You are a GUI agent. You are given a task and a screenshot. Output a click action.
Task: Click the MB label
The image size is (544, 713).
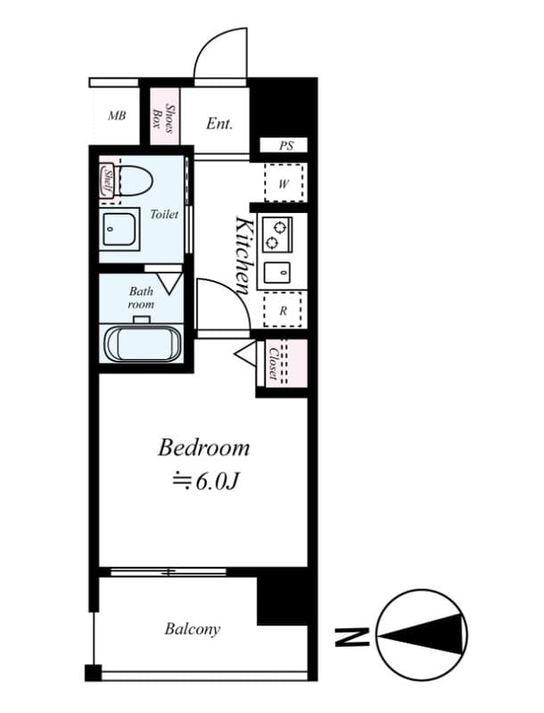coord(117,116)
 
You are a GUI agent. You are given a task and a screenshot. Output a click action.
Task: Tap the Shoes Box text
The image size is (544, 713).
coord(163,118)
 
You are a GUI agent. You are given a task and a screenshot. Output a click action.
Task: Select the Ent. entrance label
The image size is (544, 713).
coord(219,123)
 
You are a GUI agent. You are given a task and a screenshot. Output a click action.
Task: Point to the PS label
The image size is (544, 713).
coord(286,145)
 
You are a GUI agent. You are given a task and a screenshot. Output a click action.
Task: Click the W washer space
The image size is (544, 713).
coord(284,183)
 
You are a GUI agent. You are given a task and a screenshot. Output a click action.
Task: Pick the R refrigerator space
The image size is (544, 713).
coord(283,310)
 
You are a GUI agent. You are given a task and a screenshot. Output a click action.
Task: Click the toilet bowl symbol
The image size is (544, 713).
coord(132,181)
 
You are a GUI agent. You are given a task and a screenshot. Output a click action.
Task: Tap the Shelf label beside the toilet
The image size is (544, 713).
coord(108,181)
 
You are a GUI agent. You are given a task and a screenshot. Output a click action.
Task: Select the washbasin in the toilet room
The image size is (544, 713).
coord(120,230)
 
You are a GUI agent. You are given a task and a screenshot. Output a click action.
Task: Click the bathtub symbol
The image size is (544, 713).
coord(143,344)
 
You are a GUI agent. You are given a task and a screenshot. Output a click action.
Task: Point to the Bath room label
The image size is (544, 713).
coord(141,298)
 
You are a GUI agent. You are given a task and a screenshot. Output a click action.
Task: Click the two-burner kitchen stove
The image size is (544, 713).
coord(276,234)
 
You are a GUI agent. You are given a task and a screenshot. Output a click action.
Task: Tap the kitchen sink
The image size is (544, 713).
coord(277,274)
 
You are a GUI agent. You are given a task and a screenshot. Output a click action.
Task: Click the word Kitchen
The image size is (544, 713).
coord(243,255)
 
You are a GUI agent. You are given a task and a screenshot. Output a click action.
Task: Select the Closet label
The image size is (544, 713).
coord(274,364)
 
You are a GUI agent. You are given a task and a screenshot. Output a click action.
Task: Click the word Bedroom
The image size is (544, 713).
coord(203,448)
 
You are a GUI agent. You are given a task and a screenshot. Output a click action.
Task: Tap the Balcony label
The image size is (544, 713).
coord(193,629)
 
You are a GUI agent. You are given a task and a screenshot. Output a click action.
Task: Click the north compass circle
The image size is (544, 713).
coord(422,634)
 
